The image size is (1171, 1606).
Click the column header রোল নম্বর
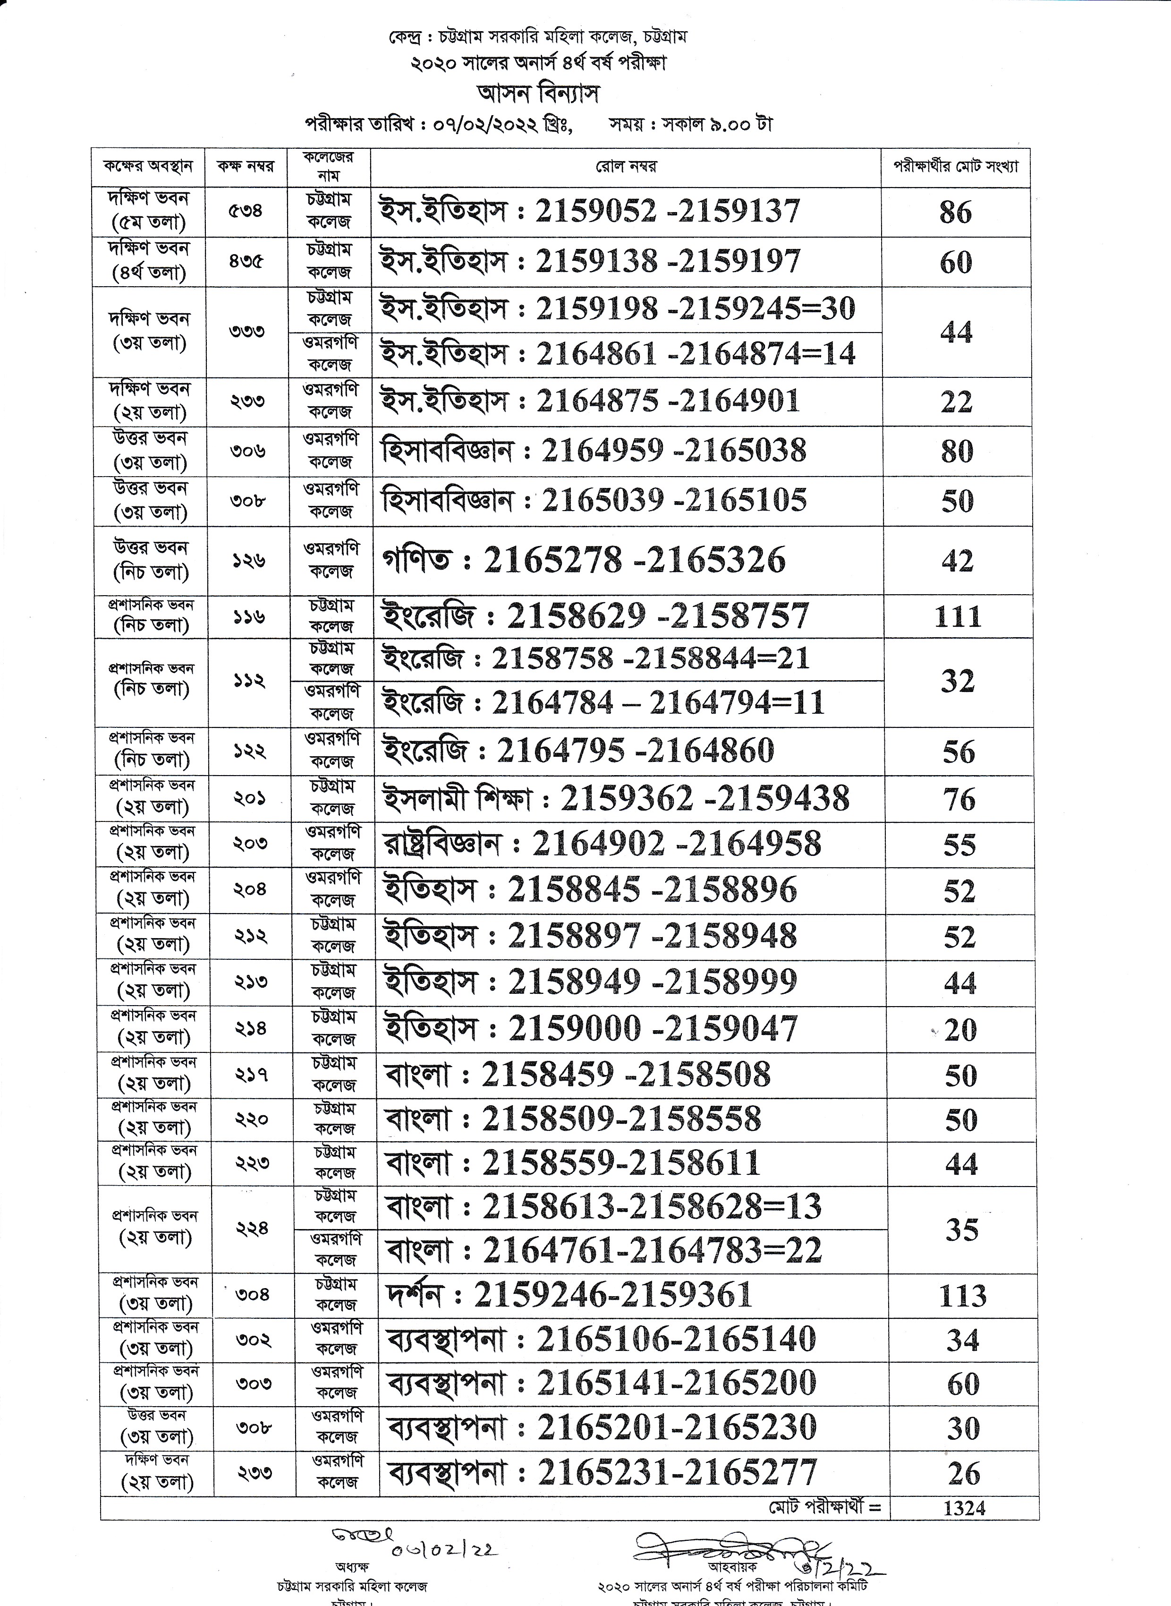[626, 167]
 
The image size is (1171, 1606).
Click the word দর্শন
[413, 1296]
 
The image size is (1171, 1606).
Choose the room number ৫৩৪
[245, 211]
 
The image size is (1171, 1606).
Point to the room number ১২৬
[248, 560]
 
